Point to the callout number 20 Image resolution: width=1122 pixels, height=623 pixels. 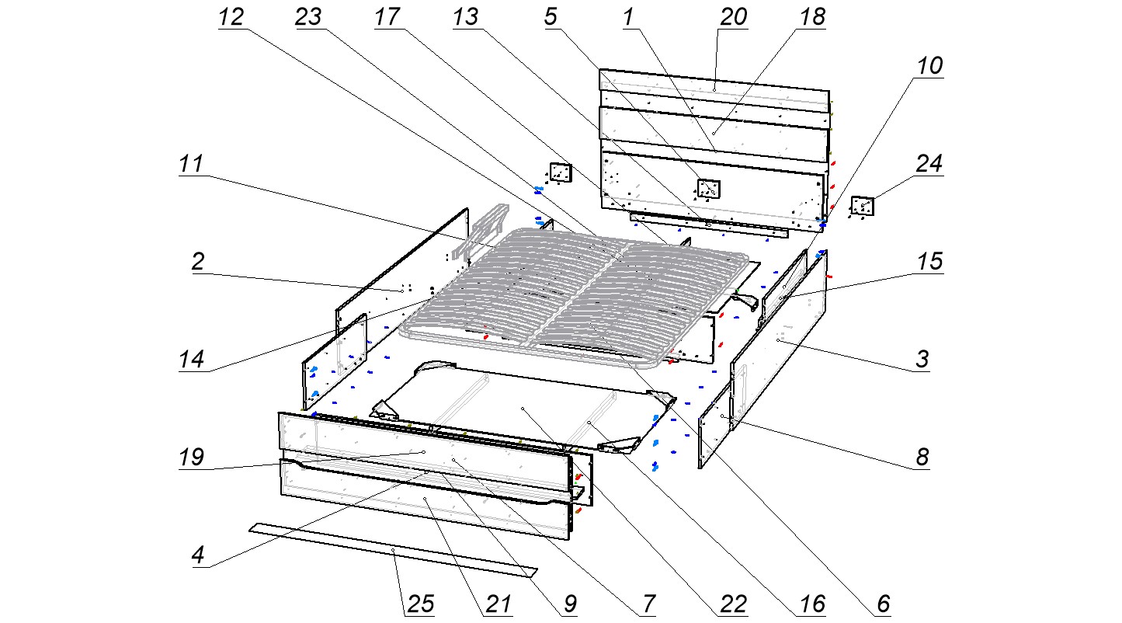tap(732, 18)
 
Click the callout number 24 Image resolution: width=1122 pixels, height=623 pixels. tap(929, 164)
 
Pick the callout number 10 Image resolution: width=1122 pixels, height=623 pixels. tap(929, 67)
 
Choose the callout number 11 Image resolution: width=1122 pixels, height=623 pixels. tap(190, 165)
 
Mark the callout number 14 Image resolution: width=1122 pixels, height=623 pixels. tap(190, 360)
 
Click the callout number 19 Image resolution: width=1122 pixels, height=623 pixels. tap(190, 457)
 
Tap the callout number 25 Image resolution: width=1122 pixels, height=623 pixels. tap(419, 604)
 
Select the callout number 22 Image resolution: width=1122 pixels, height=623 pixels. tap(732, 604)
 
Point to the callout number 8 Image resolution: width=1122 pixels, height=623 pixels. tap(922, 457)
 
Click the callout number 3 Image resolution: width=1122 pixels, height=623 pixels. tap(922, 360)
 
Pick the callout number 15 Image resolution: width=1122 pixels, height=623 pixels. tap(929, 262)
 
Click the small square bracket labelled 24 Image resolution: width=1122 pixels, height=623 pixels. tap(862, 206)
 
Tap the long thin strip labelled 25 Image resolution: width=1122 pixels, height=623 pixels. tap(392, 549)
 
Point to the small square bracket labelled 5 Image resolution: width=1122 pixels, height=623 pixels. tap(708, 188)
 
